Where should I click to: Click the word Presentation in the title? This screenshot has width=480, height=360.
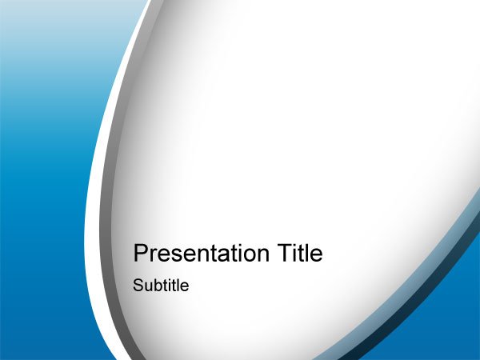pyautogui.click(x=201, y=253)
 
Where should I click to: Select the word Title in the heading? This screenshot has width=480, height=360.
pyautogui.click(x=300, y=252)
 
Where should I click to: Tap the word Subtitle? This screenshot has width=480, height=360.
pyautogui.click(x=161, y=286)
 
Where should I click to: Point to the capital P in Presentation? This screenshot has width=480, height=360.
pyautogui.click(x=141, y=253)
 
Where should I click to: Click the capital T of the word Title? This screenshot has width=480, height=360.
pyautogui.click(x=285, y=253)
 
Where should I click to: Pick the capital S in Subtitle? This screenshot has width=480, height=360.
pyautogui.click(x=138, y=286)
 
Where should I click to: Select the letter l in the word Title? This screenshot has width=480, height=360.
pyautogui.click(x=306, y=253)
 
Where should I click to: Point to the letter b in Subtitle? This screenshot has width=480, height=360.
pyautogui.click(x=157, y=286)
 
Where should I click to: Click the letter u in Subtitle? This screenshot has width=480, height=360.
pyautogui.click(x=147, y=287)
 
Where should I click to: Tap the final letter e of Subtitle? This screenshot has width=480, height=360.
pyautogui.click(x=185, y=287)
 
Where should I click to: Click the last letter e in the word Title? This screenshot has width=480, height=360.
pyautogui.click(x=316, y=255)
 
